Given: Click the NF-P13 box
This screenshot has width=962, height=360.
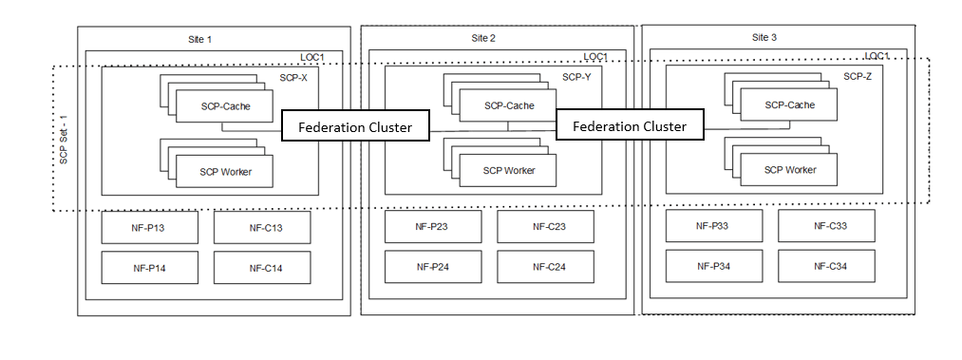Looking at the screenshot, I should point(150,228).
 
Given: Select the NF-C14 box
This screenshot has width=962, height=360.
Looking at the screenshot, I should point(262,268).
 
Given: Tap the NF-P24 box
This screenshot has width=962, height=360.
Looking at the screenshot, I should point(432,267).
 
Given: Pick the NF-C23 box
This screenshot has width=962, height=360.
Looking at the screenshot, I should point(545,227).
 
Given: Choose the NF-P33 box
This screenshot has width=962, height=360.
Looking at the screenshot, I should point(713,226).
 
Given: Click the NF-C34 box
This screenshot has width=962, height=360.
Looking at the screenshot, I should point(826,266).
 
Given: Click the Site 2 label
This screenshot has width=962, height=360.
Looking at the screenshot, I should point(483,38).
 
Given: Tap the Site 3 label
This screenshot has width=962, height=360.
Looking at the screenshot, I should point(764,37).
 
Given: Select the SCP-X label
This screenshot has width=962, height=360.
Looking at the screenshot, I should point(293,77).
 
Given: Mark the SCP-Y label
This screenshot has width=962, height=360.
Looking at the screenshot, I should point(576,77).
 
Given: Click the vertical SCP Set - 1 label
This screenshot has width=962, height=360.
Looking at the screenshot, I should point(65,139).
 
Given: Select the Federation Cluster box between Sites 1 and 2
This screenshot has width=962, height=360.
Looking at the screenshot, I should point(355,126).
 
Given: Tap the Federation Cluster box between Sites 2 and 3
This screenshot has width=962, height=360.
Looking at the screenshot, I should point(629,125).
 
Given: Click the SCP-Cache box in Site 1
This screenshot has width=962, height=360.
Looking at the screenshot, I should point(225,106).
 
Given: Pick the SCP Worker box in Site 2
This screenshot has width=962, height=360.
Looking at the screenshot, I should point(508,170).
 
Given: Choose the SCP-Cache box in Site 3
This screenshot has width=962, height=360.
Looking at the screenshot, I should point(790,105).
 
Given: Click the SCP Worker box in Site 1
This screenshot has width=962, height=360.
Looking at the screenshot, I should point(225,171).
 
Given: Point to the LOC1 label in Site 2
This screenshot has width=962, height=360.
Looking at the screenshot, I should point(596,57).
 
